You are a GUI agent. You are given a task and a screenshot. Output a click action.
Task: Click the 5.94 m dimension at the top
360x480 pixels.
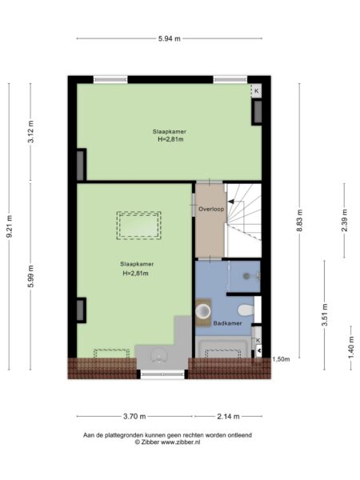(x=170, y=38)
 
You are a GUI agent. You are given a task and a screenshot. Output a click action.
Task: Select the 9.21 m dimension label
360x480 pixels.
(x=10, y=226)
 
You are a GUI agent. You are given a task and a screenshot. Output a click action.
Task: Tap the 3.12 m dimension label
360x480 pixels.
(x=31, y=132)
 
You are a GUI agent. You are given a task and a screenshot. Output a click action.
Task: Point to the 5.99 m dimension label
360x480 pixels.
(x=31, y=277)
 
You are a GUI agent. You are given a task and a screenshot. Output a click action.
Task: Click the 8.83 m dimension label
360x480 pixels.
(x=300, y=221)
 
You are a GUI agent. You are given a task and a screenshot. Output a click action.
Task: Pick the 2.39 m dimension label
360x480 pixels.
(x=344, y=221)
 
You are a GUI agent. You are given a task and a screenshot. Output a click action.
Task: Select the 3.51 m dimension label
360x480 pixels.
(x=325, y=315)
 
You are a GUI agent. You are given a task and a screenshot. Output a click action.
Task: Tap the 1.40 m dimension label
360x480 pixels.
(x=351, y=347)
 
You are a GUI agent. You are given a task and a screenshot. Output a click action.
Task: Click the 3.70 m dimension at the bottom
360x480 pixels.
(x=134, y=416)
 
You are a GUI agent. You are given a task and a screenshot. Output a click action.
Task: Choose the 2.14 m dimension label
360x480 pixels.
(x=228, y=416)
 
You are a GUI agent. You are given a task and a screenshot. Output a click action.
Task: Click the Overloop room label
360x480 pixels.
(x=211, y=209)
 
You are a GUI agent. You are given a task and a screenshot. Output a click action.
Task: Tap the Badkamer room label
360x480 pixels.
(x=227, y=323)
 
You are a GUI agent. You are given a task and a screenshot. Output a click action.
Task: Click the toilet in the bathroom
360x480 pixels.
(x=246, y=310)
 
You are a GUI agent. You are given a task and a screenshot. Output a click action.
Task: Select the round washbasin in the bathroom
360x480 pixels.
(x=203, y=311)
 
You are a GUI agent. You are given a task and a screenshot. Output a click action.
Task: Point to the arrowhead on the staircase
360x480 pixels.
(x=230, y=202)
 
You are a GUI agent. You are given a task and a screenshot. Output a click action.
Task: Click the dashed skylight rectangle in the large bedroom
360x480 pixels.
(x=139, y=226)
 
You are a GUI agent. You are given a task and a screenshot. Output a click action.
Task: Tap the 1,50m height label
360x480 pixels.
(x=281, y=359)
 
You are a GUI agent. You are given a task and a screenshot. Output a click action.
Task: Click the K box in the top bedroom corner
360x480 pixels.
(x=257, y=91)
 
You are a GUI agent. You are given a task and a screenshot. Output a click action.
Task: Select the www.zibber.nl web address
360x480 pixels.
(x=181, y=442)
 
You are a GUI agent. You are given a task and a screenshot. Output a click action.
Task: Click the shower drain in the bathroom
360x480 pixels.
(x=246, y=276)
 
